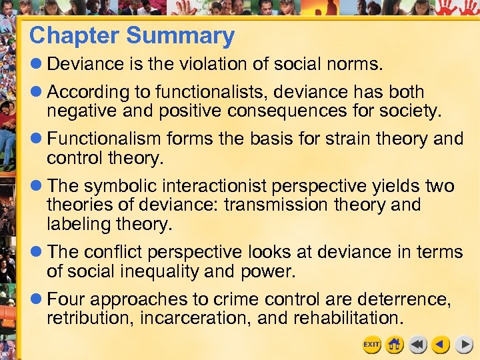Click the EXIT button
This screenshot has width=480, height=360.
(371, 345)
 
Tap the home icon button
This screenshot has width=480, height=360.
(395, 345)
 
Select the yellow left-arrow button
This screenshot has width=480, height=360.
(439, 345)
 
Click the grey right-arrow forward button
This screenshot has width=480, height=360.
(464, 345)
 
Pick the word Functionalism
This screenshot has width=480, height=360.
(104, 139)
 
